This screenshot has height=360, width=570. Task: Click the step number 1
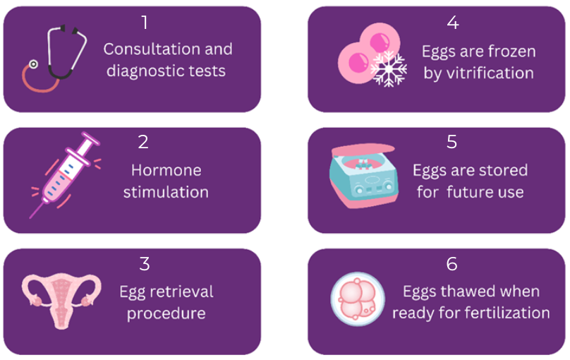coord(145,23)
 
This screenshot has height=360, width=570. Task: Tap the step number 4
coord(453,23)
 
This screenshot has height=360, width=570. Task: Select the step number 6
coord(452,264)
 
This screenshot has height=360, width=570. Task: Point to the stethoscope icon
coord(54,58)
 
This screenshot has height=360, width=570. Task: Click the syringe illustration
coord(65,175)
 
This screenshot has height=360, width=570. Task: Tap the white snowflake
coord(389,69)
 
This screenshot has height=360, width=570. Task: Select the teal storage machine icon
coord(363,176)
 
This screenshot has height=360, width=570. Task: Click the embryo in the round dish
coord(358,299)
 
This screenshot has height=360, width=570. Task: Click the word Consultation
coord(152,49)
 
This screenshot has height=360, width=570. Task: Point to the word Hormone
coord(166,171)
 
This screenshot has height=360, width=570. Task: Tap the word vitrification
coord(490,73)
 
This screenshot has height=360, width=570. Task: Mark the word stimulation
coord(166,193)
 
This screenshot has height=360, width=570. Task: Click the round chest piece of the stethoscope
coord(33,64)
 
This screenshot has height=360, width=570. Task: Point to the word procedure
coord(166,314)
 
